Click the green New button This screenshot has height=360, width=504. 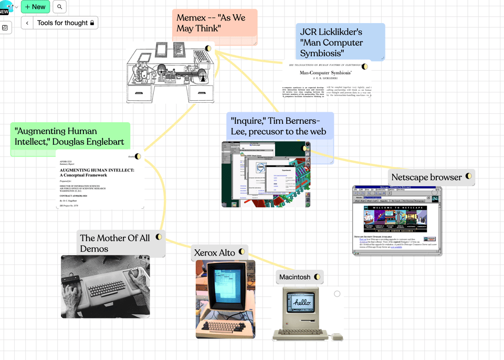tap(36, 7)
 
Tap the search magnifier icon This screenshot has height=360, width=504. tap(59, 7)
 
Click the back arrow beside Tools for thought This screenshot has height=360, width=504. tap(27, 23)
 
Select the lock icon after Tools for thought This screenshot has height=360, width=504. tap(92, 23)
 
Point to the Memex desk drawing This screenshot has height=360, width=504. tap(169, 73)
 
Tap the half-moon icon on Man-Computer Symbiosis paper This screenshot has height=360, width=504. tap(365, 67)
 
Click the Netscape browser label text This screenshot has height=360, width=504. tap(426, 177)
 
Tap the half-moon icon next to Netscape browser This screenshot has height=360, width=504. tap(468, 176)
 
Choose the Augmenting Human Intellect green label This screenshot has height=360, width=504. tap(69, 136)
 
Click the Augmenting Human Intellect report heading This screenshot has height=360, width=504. tap(97, 173)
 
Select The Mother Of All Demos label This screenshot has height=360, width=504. tap(114, 243)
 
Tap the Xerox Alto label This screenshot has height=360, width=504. tap(214, 252)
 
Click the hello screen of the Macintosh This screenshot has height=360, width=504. tap(302, 303)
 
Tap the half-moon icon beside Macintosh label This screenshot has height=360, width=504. tap(317, 277)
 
